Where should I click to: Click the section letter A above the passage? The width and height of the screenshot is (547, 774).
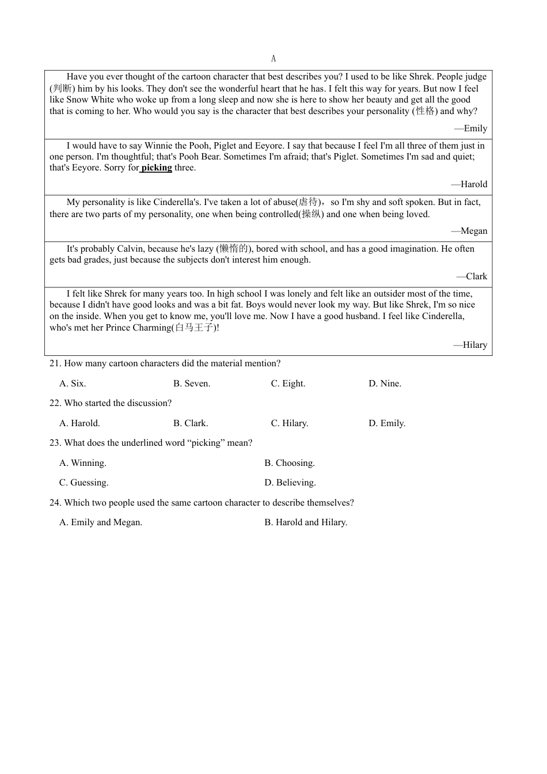[x=273, y=59]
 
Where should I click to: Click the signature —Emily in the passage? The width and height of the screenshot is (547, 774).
[x=471, y=128]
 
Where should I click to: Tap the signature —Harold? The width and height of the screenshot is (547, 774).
[x=469, y=184]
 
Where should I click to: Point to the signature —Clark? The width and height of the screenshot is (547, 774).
[x=472, y=276]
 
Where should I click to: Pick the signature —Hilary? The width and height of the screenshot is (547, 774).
[x=470, y=345]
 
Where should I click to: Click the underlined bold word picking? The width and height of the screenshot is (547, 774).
[x=157, y=168]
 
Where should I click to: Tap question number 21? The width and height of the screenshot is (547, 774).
[x=55, y=363]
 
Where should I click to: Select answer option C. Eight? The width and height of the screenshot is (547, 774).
[x=288, y=384]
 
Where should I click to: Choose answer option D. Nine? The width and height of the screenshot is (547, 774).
[x=385, y=384]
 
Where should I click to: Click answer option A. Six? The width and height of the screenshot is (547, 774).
[x=73, y=384]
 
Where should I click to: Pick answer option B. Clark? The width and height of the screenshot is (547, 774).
[x=191, y=423]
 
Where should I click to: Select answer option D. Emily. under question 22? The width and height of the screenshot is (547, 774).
[x=387, y=423]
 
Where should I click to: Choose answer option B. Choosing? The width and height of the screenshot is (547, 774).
[x=290, y=463]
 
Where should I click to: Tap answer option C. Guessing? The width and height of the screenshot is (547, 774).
[x=84, y=483]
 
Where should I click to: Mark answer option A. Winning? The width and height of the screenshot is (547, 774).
[x=83, y=463]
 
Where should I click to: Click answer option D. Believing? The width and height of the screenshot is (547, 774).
[x=290, y=483]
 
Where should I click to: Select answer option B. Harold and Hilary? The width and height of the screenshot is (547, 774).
[x=306, y=522]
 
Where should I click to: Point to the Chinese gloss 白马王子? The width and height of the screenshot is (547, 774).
[x=194, y=328]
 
